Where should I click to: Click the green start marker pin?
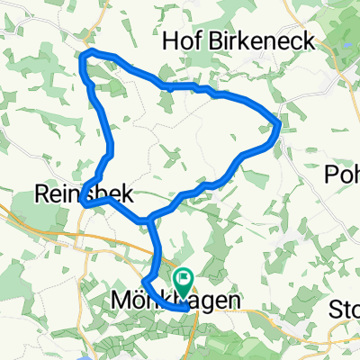coord(184,282)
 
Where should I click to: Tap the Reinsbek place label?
coord(76,193)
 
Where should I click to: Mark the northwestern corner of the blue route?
coord(84,57)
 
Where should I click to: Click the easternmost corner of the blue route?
coord(281,125)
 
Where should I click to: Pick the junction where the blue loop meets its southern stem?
coord(149,220)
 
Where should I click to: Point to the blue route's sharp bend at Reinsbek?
coord(85,203)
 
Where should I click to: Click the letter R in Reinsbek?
coord(41,193)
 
